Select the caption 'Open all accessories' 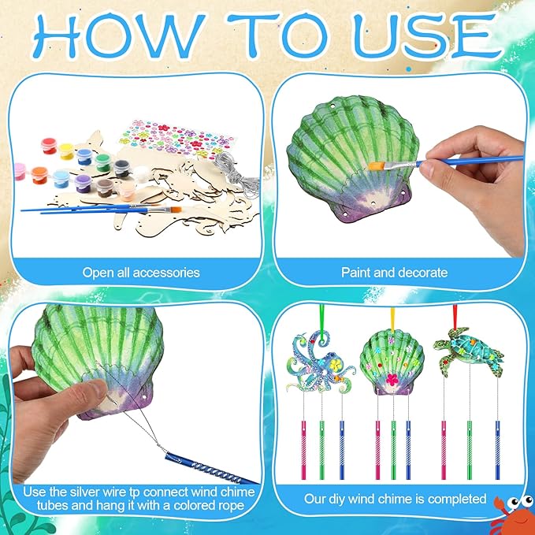pos(141,273)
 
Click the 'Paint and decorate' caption pos(394,273)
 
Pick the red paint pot pos(49,146)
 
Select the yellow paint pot pos(66,151)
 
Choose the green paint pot pos(102,163)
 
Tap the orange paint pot pos(39,176)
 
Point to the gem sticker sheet pos(177,138)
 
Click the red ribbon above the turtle pos(455,317)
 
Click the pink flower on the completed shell pos(392,380)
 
